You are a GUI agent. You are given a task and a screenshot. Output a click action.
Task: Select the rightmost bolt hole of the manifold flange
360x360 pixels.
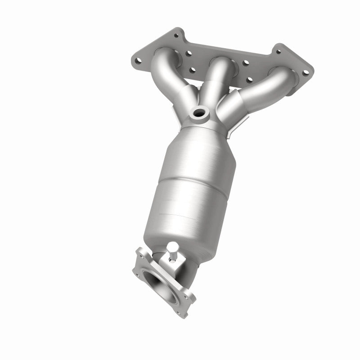306,73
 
